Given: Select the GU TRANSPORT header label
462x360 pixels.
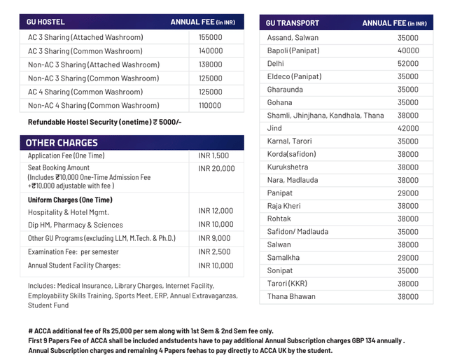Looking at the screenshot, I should [293, 23].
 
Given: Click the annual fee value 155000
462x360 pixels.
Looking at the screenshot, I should [210, 37].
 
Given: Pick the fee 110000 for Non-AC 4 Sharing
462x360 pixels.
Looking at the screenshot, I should [210, 105].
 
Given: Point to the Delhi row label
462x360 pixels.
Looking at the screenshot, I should [276, 64].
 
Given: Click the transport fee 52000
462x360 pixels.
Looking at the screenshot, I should [408, 64].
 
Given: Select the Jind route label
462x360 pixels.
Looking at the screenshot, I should [274, 128].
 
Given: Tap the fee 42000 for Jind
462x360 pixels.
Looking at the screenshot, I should [408, 129].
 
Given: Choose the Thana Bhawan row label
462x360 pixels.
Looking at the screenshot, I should [291, 296].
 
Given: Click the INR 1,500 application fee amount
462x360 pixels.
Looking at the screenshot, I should [213, 156].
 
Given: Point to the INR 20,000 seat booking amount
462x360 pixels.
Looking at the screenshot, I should [216, 169].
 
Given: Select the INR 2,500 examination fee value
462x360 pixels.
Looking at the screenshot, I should [214, 251].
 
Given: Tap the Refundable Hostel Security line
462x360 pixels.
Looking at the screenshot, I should [104, 122].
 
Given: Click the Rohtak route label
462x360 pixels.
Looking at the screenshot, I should [279, 219].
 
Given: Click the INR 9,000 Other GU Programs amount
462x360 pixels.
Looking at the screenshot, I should [214, 238].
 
